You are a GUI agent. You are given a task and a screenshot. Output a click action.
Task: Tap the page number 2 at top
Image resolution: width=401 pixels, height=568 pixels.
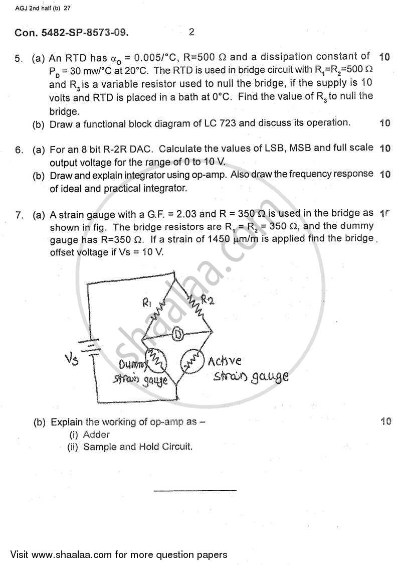point(191,33)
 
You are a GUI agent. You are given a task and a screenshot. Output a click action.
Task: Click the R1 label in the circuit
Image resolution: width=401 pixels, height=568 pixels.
point(147,303)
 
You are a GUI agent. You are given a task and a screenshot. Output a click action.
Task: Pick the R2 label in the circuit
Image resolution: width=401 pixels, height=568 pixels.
point(207,301)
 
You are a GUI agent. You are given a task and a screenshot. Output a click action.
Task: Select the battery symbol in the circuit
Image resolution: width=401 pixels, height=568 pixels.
point(89,347)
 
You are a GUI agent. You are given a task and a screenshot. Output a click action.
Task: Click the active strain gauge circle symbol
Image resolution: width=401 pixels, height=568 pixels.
point(191,361)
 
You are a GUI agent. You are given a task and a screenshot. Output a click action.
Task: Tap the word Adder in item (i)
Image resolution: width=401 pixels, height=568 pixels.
point(96,435)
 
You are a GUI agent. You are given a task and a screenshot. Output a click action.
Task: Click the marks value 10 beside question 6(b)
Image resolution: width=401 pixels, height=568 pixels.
point(385,175)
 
